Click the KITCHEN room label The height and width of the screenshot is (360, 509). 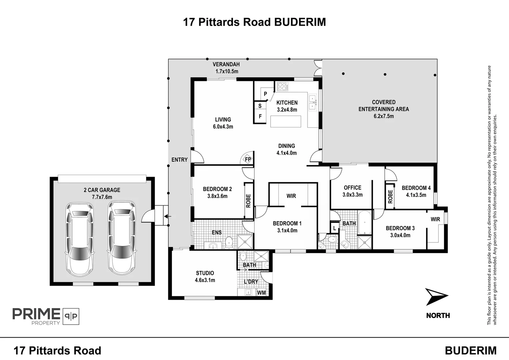click(x=287, y=103)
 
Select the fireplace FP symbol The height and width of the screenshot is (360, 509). click(x=248, y=159)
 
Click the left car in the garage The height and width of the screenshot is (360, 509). click(x=80, y=239)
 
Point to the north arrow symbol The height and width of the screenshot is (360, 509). click(x=436, y=297)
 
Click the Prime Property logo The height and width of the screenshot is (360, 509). click(x=46, y=316)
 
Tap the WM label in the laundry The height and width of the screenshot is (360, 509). click(x=261, y=293)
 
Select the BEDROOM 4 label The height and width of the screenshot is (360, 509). click(x=416, y=188)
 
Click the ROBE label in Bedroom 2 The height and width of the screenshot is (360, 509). click(x=249, y=201)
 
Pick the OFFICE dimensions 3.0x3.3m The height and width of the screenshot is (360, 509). click(x=352, y=195)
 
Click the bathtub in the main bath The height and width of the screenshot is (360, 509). click(x=364, y=222)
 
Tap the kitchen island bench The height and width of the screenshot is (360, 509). click(x=285, y=121)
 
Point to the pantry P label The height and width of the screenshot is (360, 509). click(x=265, y=94)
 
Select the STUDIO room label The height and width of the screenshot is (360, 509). click(x=205, y=273)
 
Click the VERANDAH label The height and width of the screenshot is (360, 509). click(x=226, y=64)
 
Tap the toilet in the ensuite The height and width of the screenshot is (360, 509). click(x=229, y=242)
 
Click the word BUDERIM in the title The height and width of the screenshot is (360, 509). click(x=300, y=22)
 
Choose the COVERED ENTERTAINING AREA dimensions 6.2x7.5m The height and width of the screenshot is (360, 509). click(x=384, y=116)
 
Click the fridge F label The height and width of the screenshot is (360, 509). click(x=260, y=116)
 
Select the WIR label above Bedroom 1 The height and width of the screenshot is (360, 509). click(x=291, y=196)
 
